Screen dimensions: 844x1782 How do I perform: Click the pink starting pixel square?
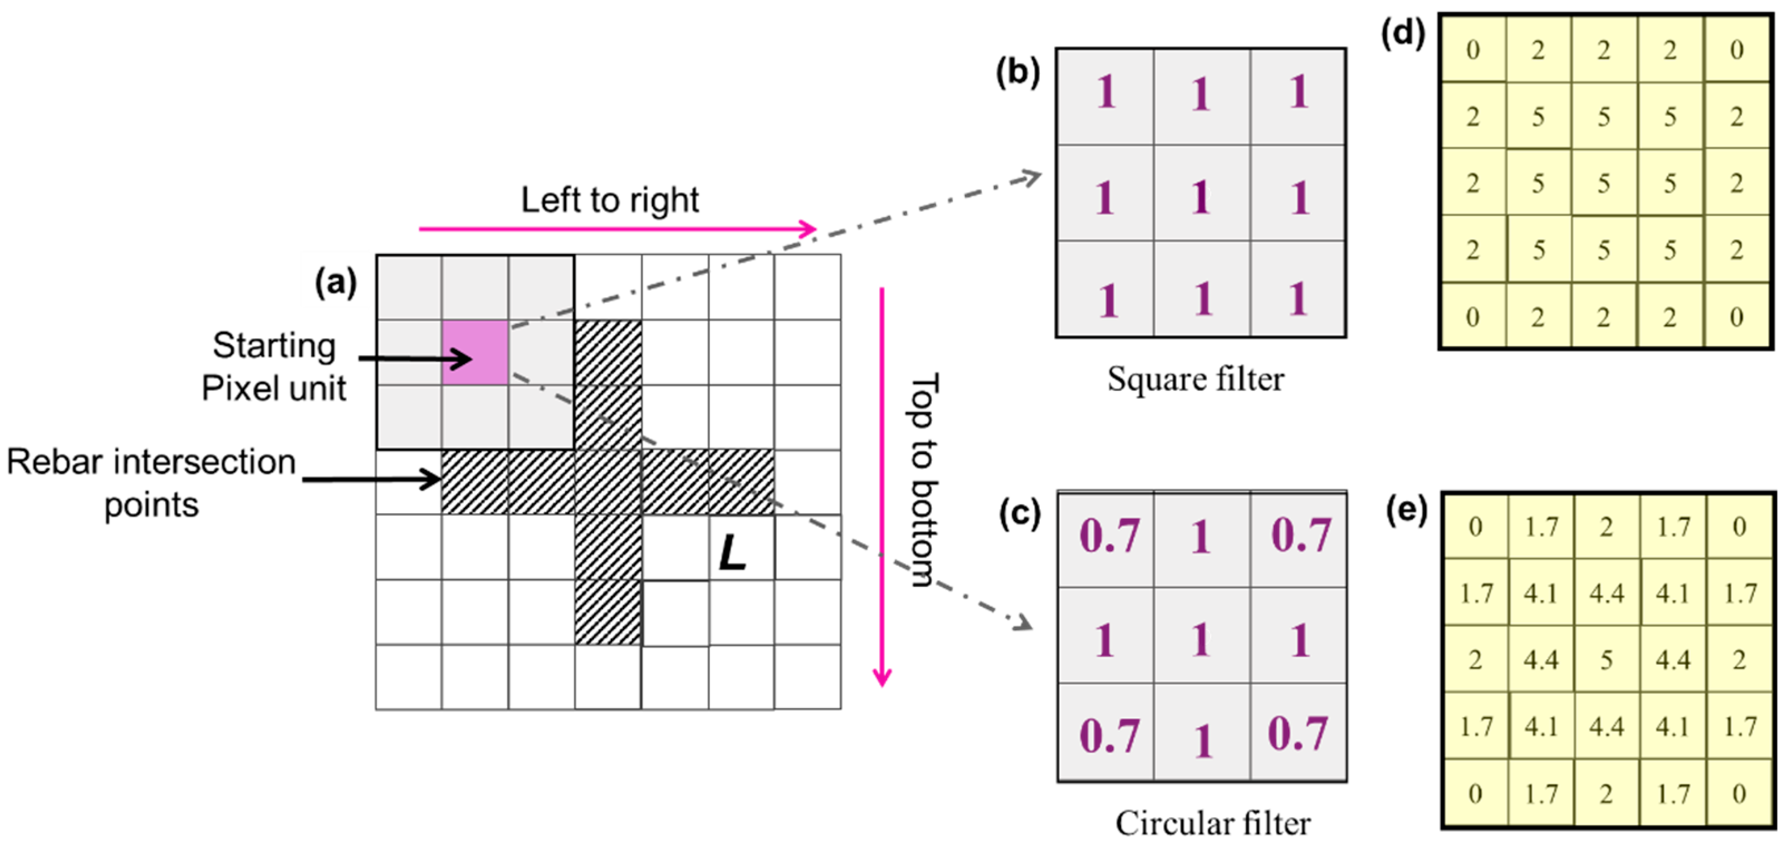pyautogui.click(x=475, y=352)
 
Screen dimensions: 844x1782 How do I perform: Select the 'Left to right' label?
pyautogui.click(x=609, y=200)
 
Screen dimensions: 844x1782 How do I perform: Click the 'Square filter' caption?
pyautogui.click(x=1196, y=379)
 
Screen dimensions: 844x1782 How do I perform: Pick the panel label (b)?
pyautogui.click(x=1017, y=71)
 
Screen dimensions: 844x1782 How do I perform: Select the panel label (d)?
pyautogui.click(x=1403, y=32)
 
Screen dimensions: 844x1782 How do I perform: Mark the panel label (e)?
pyautogui.click(x=1406, y=511)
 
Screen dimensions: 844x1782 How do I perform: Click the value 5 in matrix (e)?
pyautogui.click(x=1606, y=660)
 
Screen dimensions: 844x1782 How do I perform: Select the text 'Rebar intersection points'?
pyautogui.click(x=151, y=483)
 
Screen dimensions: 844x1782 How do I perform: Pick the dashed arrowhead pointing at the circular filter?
pyautogui.click(x=1022, y=622)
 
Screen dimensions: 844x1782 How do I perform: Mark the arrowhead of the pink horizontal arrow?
pyautogui.click(x=809, y=229)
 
